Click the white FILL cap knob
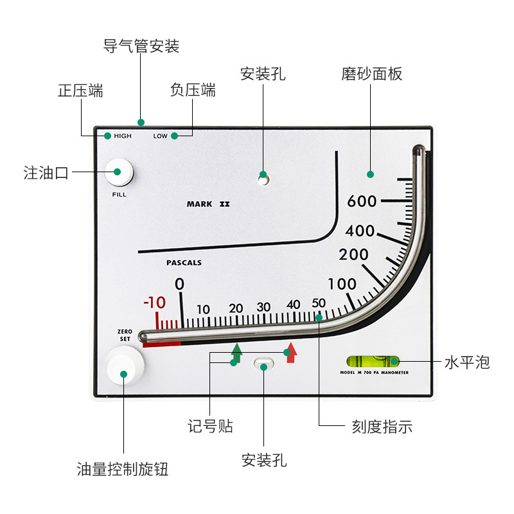119,173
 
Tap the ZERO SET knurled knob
125,366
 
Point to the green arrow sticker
236,353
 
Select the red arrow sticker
291,353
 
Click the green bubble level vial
373,362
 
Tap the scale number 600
362,201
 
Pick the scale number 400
360,231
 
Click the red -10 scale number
154,302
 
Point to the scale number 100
342,284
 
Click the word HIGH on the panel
123,136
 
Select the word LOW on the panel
160,136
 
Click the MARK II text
208,204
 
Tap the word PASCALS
184,263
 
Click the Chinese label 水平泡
467,362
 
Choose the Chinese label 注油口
46,173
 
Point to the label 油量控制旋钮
122,469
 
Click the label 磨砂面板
371,74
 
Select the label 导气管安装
141,46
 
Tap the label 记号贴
210,426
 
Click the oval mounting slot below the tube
264,363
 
